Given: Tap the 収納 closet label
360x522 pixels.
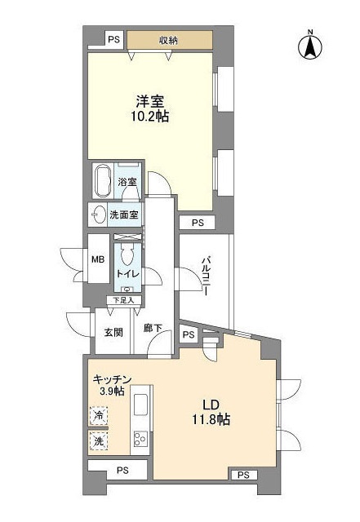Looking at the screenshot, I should coord(169,39).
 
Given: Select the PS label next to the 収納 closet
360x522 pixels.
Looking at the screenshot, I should coord(113,39).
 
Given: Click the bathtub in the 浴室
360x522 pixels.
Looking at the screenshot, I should coord(103,181).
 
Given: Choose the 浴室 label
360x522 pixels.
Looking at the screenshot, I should coord(127,182).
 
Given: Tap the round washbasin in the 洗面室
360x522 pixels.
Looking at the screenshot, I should coord(99,215).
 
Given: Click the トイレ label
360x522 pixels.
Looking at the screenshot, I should coord(127,275).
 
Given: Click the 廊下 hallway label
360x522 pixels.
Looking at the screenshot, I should coord(152,328).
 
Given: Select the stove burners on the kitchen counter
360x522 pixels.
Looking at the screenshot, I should coord(140,439).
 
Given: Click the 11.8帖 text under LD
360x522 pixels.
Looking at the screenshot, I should coord(210,420).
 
